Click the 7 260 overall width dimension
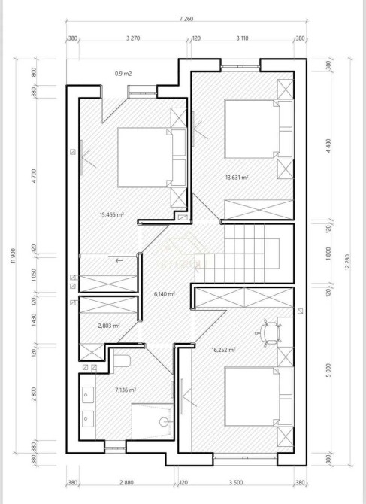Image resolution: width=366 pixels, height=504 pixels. [x=186, y=19]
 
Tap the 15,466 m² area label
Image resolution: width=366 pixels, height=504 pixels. [x=112, y=214]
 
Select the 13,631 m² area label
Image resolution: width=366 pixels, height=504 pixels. [x=237, y=177]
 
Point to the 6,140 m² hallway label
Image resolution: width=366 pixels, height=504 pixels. [x=165, y=294]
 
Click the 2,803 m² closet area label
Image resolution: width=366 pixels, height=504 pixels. [x=109, y=326]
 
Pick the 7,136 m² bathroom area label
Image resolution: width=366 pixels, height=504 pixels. [x=126, y=390]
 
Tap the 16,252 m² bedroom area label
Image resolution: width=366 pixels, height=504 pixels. [x=223, y=350]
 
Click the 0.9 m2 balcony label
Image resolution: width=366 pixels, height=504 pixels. [x=123, y=74]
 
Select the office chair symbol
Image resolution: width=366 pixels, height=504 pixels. [x=268, y=332]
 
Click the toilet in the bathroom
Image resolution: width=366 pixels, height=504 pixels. [x=122, y=361]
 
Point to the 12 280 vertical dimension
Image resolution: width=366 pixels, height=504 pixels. [x=347, y=262]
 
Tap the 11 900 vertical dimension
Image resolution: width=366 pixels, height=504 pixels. [x=14, y=257]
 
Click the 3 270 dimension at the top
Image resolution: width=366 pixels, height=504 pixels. [x=133, y=38]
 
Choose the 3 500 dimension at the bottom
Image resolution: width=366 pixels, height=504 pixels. [x=236, y=482]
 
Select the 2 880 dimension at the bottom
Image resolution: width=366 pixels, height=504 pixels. [x=126, y=482]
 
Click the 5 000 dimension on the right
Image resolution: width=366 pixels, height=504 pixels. [x=328, y=370]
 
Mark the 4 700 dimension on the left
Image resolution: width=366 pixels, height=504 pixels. [x=35, y=176]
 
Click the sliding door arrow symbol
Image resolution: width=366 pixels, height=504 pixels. [x=119, y=260]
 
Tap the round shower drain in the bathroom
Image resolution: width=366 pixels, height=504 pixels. [x=164, y=421]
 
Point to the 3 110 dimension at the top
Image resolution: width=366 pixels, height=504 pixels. [x=243, y=38]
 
